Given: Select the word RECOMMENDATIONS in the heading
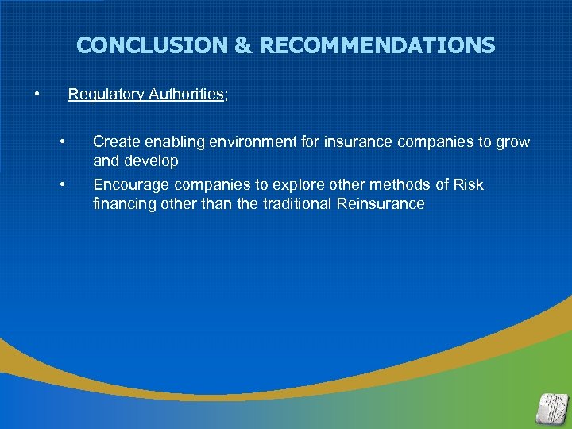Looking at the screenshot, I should tap(377, 46).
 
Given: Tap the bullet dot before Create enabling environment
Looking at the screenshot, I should tap(62, 141).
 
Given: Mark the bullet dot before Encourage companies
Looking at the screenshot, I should tap(62, 185).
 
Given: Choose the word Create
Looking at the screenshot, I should tap(114, 142).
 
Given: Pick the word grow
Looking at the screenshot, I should tap(512, 142).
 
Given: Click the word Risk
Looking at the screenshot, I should tap(468, 185).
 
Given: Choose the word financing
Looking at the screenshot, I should tap(124, 204).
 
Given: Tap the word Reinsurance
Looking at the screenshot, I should tap(381, 204).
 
